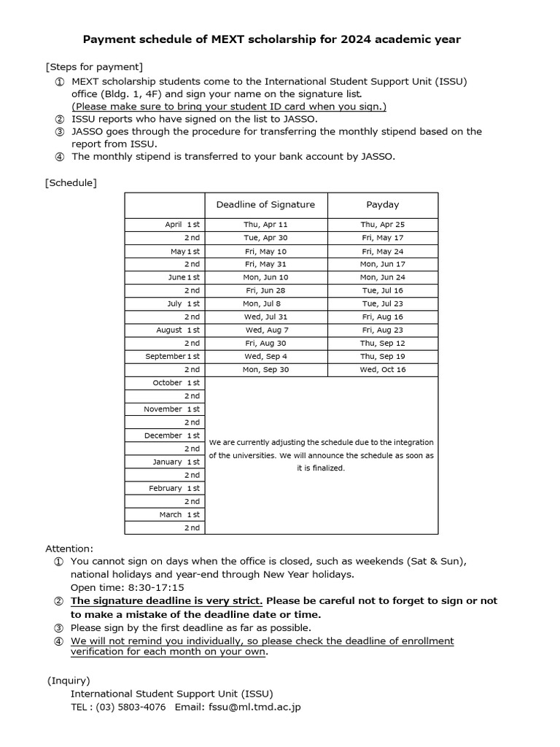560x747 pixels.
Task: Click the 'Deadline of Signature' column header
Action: click(x=265, y=204)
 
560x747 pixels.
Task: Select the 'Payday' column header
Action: click(x=382, y=204)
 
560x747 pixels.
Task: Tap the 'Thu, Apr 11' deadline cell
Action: click(x=265, y=225)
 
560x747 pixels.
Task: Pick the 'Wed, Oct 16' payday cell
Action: click(x=382, y=370)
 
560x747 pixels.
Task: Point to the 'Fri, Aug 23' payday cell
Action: click(x=382, y=330)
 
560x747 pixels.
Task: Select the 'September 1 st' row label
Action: click(x=172, y=357)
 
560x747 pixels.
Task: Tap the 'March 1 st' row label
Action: click(x=179, y=514)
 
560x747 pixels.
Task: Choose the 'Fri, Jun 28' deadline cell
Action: click(x=265, y=290)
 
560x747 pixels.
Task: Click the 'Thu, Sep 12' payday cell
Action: click(x=382, y=343)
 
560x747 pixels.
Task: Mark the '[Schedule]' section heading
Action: click(x=71, y=182)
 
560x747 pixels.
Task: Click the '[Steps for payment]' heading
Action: click(x=94, y=67)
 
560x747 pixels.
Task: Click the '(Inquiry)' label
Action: click(x=69, y=680)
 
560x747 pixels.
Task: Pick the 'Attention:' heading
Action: click(x=69, y=548)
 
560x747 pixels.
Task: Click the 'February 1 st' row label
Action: click(x=175, y=488)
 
